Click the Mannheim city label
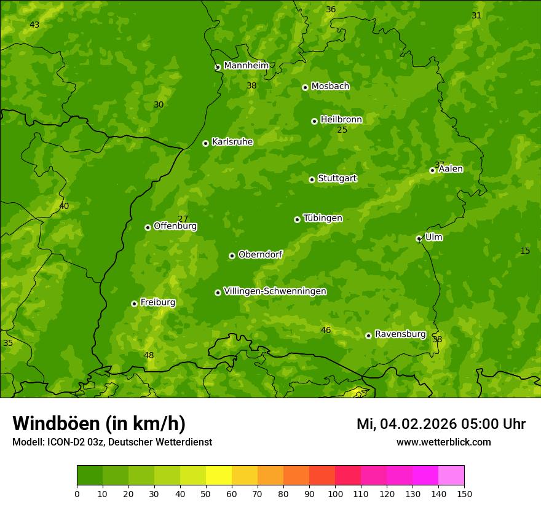(x=246, y=66)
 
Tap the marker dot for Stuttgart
(x=312, y=179)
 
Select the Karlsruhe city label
(x=232, y=142)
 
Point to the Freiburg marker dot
(x=134, y=304)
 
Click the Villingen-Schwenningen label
(x=275, y=291)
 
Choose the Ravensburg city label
(x=400, y=334)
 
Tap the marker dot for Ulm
(x=419, y=238)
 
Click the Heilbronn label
(x=341, y=120)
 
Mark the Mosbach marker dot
(x=305, y=87)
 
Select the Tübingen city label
(x=323, y=218)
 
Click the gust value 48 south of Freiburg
(x=149, y=355)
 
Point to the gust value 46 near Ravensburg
(x=326, y=330)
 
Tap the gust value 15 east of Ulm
(x=525, y=251)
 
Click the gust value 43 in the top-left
(x=34, y=25)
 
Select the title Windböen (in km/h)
(x=99, y=423)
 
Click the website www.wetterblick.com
(x=443, y=442)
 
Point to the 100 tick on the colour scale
(x=335, y=493)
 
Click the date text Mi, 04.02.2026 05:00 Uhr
(x=441, y=424)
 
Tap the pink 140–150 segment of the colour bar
(x=451, y=476)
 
